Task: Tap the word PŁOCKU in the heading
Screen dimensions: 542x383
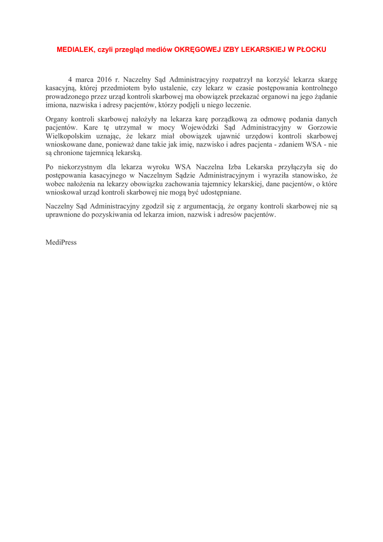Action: (x=311, y=49)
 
